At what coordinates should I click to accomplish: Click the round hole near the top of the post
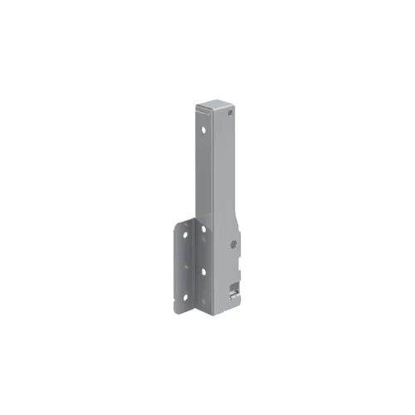[x=202, y=129]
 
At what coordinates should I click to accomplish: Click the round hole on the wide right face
[x=234, y=244]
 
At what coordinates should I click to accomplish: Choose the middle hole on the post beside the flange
[x=203, y=270]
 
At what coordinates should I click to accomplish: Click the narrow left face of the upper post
[x=203, y=166]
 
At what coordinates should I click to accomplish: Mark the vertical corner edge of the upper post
[x=211, y=166]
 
